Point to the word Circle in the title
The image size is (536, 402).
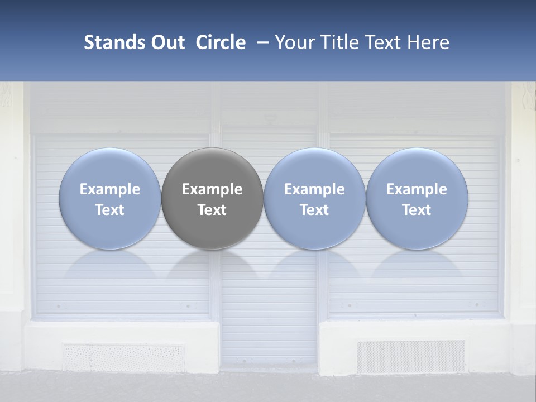point(221,42)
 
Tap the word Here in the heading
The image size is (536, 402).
point(428,42)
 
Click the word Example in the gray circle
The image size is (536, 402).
point(212,189)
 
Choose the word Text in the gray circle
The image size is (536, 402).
point(212,210)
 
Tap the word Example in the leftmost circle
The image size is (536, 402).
point(110,189)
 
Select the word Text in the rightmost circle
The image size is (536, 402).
point(417,210)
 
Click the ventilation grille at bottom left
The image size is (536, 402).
point(123,357)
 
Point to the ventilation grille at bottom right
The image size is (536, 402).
point(410,356)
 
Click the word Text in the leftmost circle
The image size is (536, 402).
point(110,210)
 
